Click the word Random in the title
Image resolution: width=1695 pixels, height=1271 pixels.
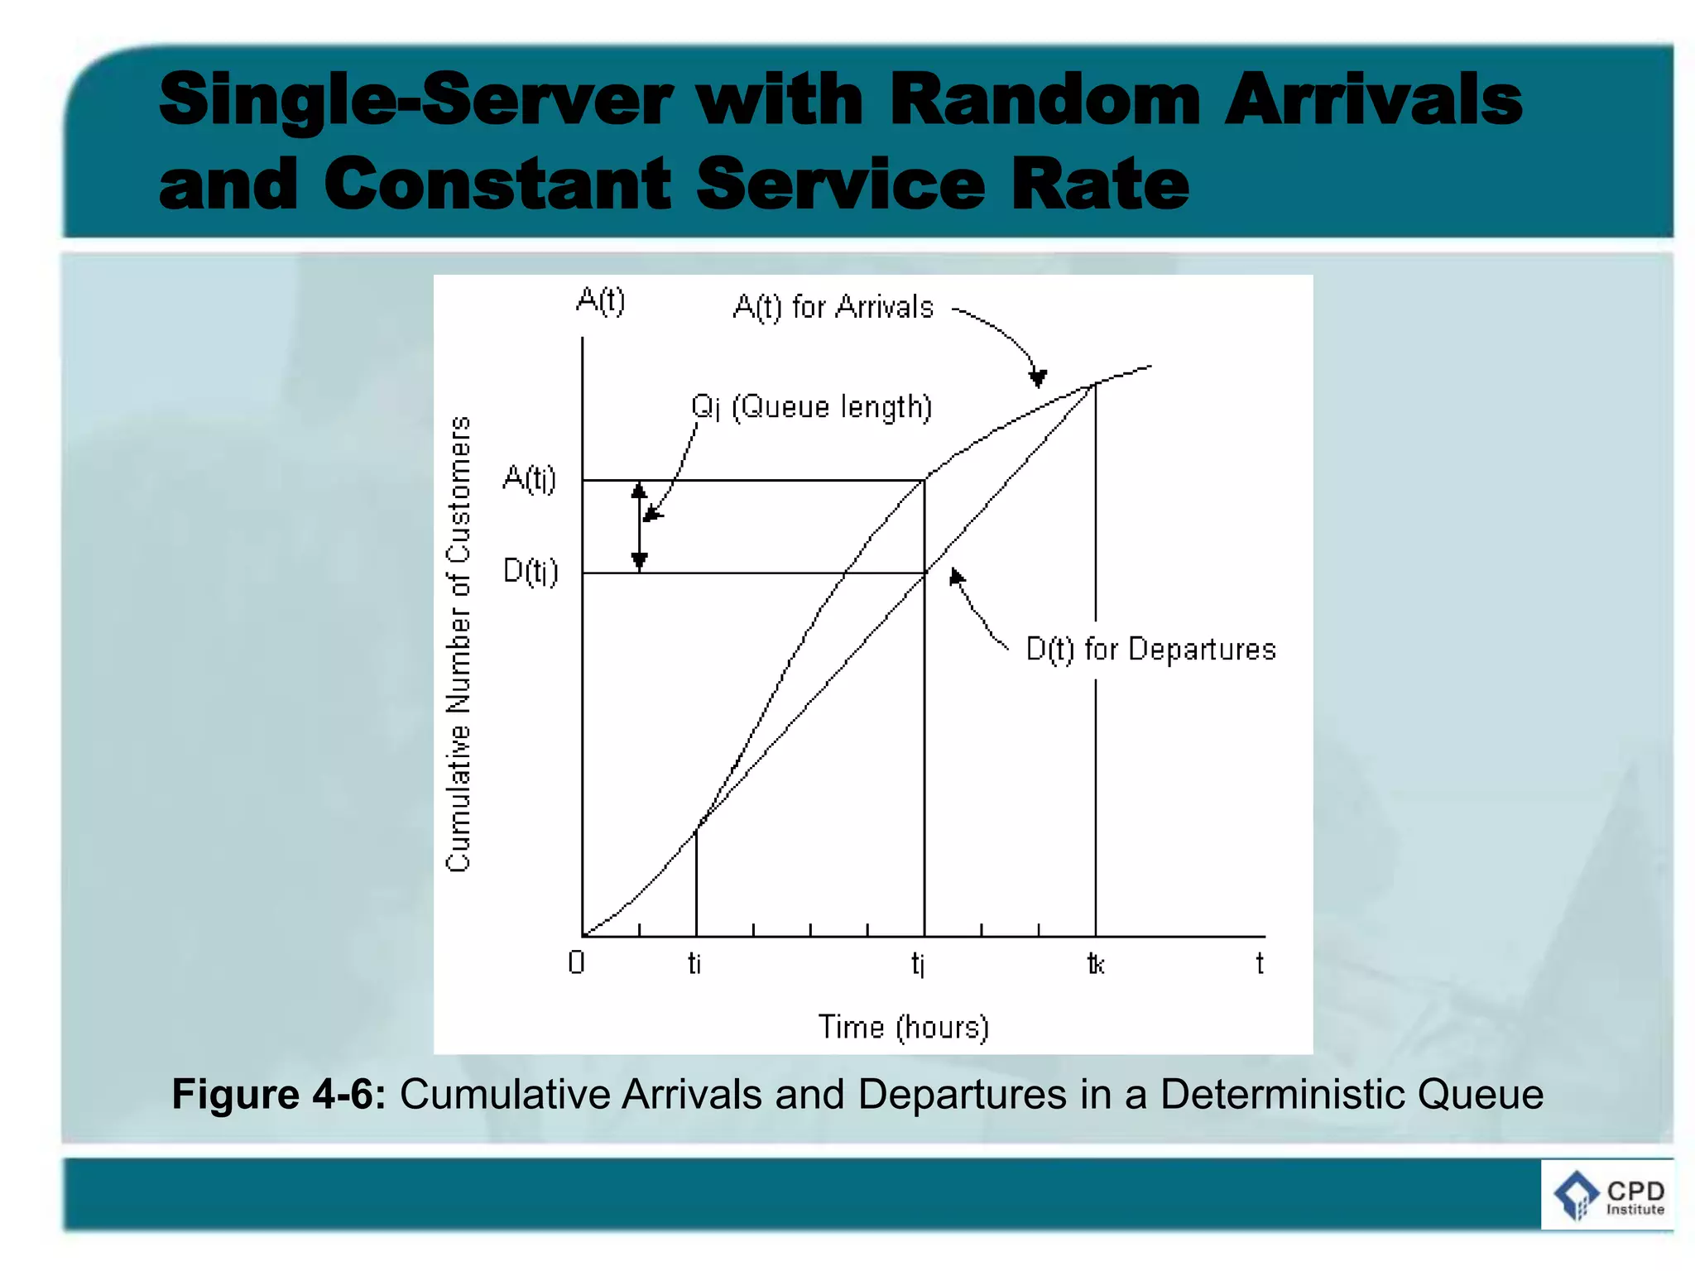point(1044,99)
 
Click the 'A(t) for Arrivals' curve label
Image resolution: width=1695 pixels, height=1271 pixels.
point(833,307)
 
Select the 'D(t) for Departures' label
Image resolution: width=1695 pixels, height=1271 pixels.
point(1150,650)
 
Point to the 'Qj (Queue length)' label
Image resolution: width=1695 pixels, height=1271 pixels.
point(811,407)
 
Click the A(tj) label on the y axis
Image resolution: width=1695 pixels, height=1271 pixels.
point(530,478)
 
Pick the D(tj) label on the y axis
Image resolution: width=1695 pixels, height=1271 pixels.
point(531,571)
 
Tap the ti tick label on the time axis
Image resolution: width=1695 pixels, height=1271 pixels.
point(694,963)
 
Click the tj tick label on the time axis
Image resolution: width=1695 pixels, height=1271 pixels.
point(918,964)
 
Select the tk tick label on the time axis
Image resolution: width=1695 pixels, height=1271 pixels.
point(1096,964)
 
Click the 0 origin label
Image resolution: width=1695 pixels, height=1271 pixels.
point(577,962)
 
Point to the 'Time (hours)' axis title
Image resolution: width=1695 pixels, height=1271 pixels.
point(903,1027)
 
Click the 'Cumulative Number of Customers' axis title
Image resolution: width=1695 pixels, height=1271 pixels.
point(459,644)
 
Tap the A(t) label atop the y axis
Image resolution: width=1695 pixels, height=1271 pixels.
point(600,300)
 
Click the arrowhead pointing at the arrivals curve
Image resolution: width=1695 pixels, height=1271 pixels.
point(1037,378)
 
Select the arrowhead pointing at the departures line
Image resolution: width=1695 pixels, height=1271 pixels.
point(956,576)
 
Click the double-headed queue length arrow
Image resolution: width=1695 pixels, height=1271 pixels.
point(639,526)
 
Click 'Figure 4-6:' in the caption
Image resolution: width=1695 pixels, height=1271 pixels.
point(278,1094)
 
